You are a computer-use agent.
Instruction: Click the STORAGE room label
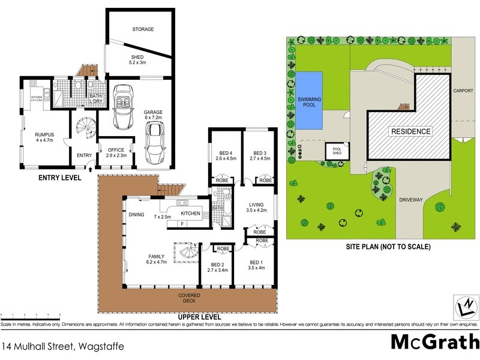pos(143,29)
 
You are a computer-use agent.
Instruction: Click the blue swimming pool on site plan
pos(308,100)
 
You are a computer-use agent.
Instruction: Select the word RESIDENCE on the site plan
pos(410,131)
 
